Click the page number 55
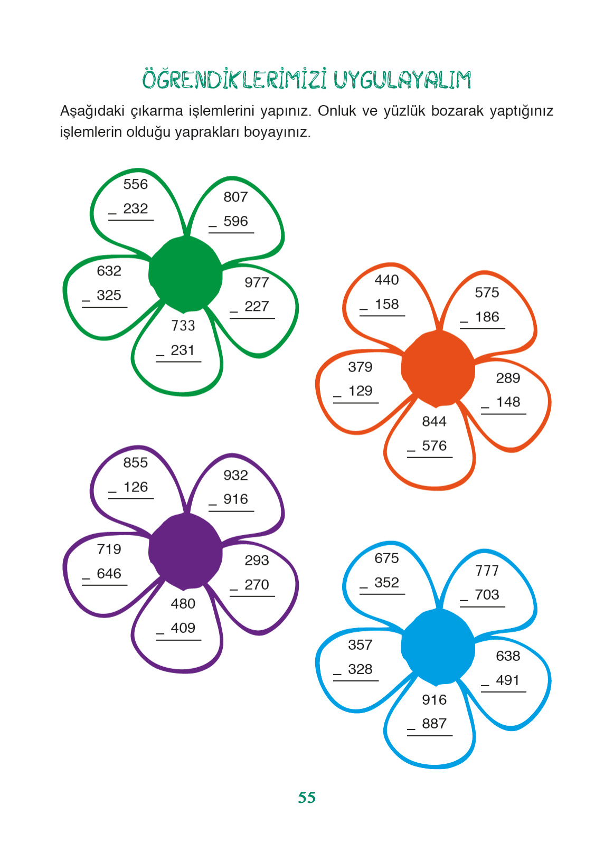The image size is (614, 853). coord(307,797)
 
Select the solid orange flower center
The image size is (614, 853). coord(438,368)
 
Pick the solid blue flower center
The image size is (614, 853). coord(438,647)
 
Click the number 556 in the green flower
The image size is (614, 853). coord(136,184)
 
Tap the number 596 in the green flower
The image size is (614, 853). coord(235,221)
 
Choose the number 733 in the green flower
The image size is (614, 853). coord(183,326)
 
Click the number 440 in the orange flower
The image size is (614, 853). coord(386,280)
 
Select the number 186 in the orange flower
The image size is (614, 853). coord(487,317)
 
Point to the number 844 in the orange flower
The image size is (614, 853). coord(434,421)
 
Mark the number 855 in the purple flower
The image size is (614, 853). coord(136,462)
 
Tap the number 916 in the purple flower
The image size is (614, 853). coord(235,499)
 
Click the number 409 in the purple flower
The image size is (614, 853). coord(183,628)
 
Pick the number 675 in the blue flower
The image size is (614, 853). coord(386,558)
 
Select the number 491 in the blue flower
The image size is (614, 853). coord(508,680)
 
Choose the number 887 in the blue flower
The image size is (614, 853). coord(434,724)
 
